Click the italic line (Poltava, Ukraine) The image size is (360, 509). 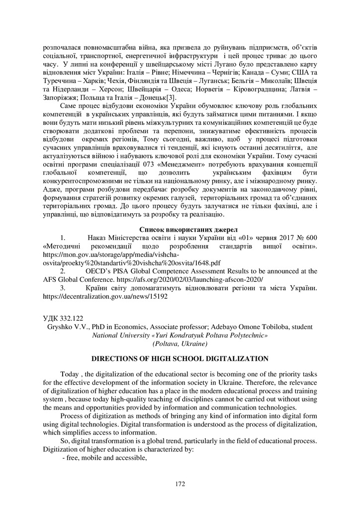pyautogui.click(x=180, y=343)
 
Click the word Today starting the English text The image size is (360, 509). pyautogui.click(x=70, y=373)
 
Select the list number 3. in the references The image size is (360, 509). pyautogui.click(x=63, y=288)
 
